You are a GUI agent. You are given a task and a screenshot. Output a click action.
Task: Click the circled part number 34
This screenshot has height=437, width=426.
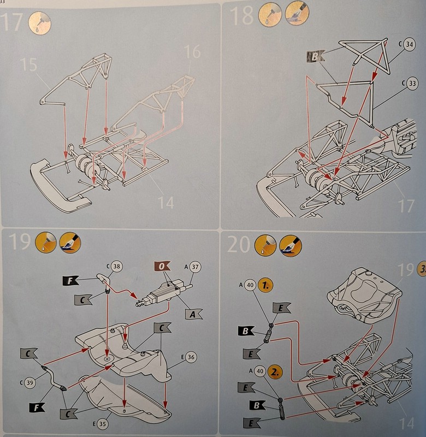[x=410, y=44]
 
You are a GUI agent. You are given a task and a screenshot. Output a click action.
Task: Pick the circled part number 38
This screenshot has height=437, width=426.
[x=116, y=267]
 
